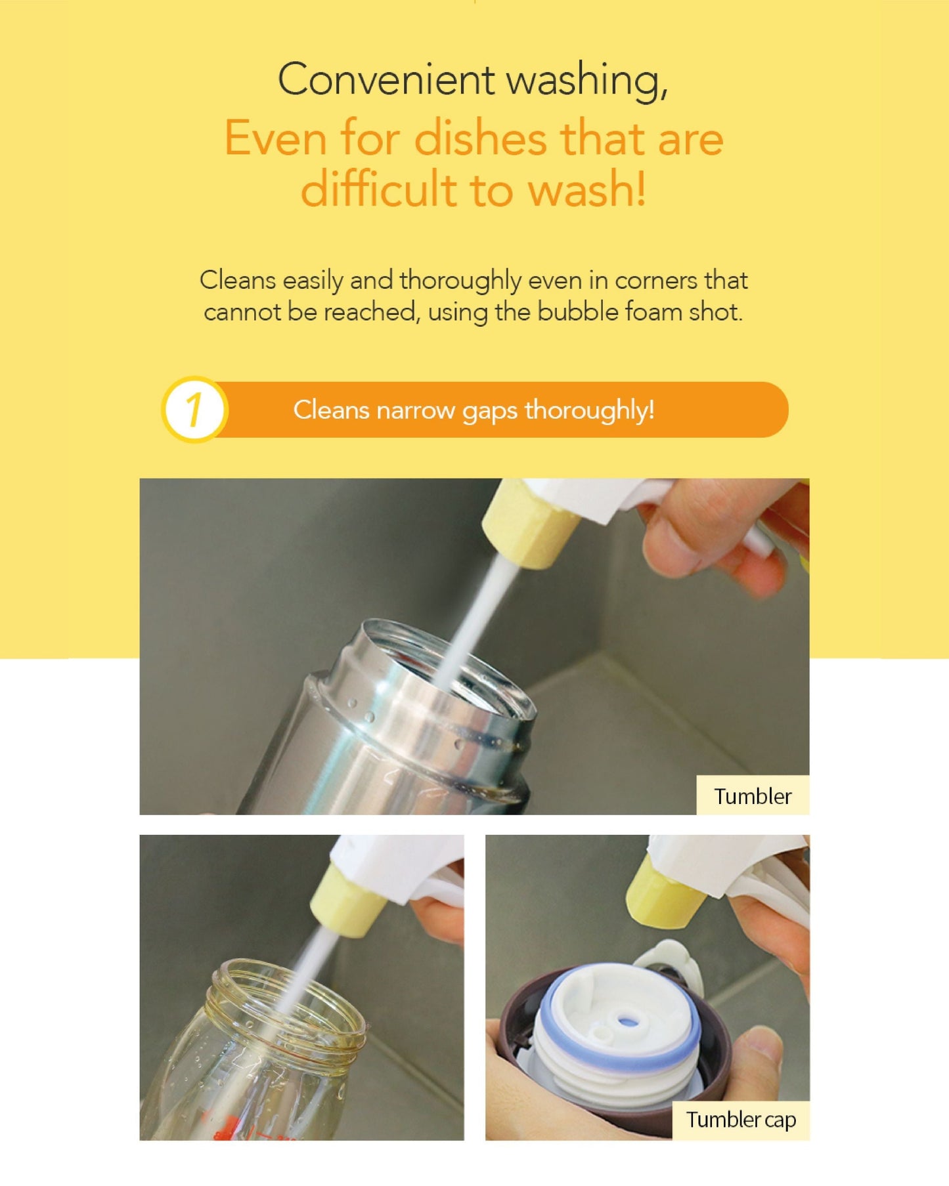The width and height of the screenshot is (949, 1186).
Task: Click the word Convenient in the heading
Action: tap(386, 80)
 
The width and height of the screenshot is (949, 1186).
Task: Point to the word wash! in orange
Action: tap(588, 190)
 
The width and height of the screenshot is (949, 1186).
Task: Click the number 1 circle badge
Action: tap(194, 410)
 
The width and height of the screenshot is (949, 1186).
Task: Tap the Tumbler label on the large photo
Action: tap(753, 796)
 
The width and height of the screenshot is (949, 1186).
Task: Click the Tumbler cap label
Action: tap(741, 1120)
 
